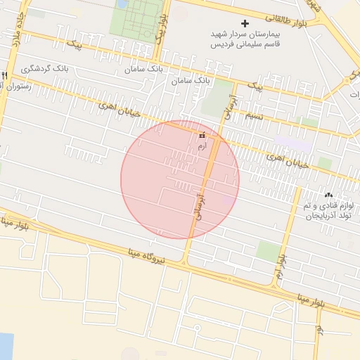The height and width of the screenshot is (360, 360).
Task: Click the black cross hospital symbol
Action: (245, 23)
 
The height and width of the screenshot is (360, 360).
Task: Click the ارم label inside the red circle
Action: (202, 146)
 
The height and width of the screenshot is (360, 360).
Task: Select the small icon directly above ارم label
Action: (202, 135)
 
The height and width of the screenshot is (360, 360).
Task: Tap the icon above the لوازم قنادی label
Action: (328, 195)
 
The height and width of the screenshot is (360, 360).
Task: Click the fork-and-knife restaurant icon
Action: (4, 75)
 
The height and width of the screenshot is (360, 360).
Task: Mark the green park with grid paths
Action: (137, 19)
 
